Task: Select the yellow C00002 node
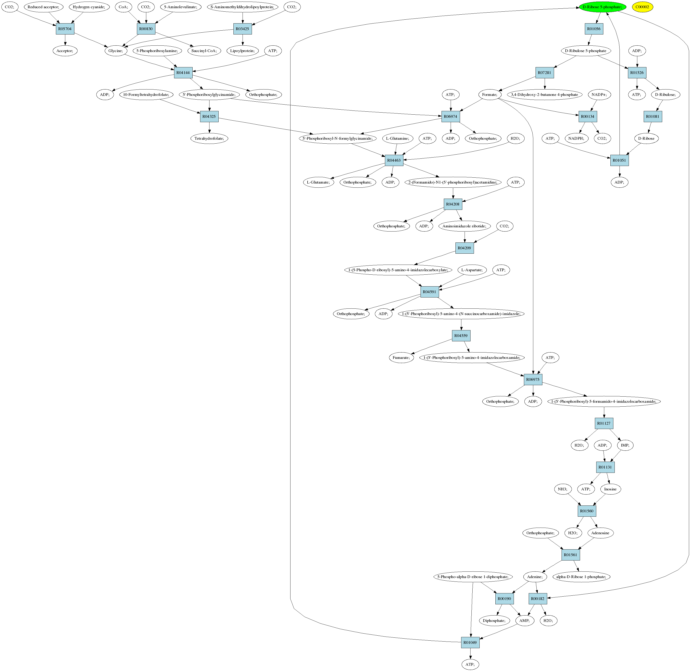[642, 7]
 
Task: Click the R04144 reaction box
[183, 73]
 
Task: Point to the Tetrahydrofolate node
[209, 139]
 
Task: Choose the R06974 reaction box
[450, 117]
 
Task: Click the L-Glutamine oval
[398, 139]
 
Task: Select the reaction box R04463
[394, 161]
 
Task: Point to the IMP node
[625, 446]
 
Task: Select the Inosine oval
[610, 489]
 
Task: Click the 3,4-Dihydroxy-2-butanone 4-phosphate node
[544, 95]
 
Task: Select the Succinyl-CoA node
[204, 51]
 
